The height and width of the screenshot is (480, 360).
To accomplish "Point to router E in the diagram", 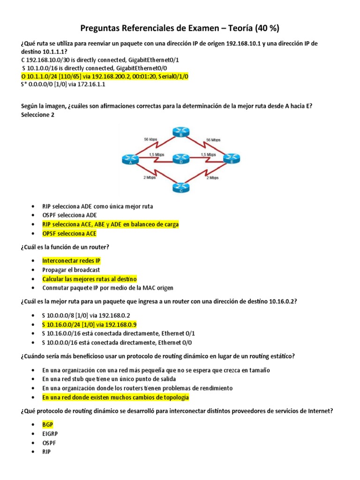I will (232, 158).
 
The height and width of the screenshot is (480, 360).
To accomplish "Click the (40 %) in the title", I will (265, 28).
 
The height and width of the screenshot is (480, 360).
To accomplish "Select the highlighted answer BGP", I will (47, 425).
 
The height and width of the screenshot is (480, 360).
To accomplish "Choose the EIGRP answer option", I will (50, 434).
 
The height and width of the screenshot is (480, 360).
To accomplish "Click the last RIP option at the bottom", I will (46, 451).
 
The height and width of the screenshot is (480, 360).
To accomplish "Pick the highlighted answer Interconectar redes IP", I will (71, 261).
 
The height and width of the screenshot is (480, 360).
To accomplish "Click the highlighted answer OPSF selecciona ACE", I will (69, 233).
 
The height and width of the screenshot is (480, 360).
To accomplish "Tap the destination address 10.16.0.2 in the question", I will (281, 301).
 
